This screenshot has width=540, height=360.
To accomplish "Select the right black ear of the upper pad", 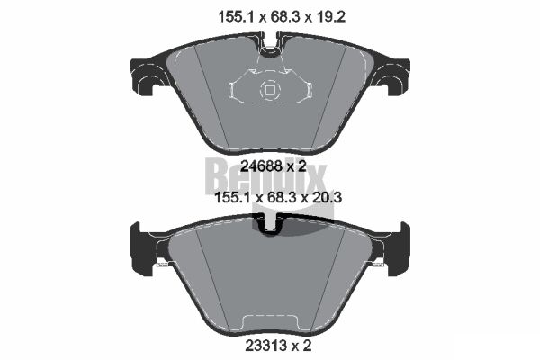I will point(394,76).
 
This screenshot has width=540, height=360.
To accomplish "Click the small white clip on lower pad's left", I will point(164,265).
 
